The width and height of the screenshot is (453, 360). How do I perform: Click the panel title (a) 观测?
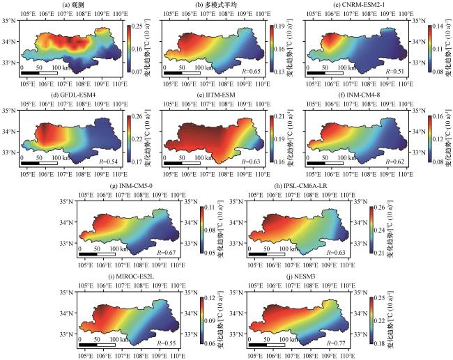(x=75, y=6)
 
